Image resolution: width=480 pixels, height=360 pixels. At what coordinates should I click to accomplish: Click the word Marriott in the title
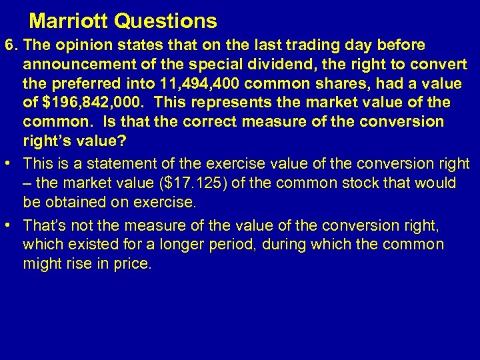(x=69, y=21)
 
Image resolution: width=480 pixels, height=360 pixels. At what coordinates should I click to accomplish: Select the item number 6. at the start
(x=11, y=45)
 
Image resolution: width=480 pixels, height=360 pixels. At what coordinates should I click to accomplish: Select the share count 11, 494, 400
(x=196, y=84)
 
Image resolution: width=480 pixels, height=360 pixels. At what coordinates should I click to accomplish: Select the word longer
(x=177, y=245)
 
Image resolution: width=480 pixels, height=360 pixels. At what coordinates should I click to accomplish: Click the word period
(x=232, y=245)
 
